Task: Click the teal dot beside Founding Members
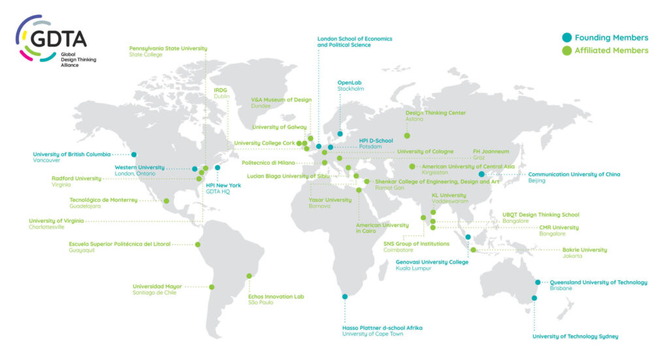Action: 566,37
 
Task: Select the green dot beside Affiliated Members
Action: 566,50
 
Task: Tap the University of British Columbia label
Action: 72,154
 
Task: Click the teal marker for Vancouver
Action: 134,154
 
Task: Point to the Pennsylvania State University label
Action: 168,48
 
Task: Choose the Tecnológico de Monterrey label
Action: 103,200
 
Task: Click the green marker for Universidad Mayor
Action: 211,286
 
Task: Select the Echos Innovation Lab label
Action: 276,297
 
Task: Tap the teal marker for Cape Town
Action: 345,297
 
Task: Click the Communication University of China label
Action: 574,174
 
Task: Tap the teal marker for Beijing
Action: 481,174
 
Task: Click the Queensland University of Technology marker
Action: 538,282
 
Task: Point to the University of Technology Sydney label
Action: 575,336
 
